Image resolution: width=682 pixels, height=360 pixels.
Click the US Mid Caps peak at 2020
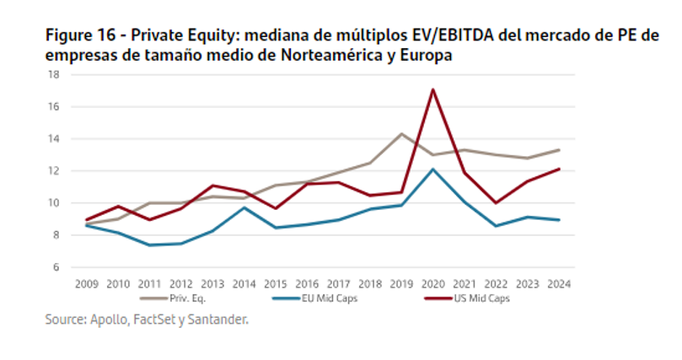(432, 89)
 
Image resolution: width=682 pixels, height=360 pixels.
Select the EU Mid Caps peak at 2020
(432, 169)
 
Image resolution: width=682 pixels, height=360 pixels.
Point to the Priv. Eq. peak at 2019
(400, 133)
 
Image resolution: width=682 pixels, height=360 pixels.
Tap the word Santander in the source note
(218, 320)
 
